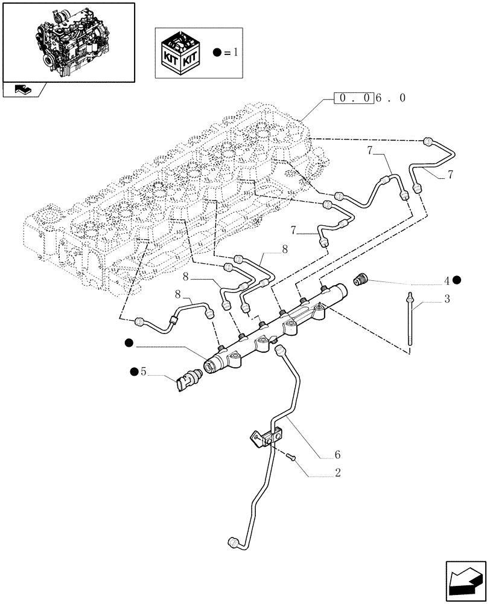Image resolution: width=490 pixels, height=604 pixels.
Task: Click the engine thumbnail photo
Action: (x=68, y=41)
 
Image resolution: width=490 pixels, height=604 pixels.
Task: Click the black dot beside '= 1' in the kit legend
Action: (x=218, y=53)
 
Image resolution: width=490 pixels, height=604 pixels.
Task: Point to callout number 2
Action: (x=337, y=473)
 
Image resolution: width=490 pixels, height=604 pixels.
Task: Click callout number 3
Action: (x=447, y=299)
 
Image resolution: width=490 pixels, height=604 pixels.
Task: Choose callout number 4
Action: (x=447, y=280)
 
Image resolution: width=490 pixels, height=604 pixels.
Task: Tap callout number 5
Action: (x=144, y=371)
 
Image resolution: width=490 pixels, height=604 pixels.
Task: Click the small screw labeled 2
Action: (x=291, y=458)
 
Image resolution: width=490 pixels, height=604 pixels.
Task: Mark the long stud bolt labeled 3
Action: (x=410, y=320)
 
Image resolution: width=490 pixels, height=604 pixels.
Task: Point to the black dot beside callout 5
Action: (x=133, y=371)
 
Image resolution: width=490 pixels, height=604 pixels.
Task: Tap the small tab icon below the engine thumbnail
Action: (x=24, y=90)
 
